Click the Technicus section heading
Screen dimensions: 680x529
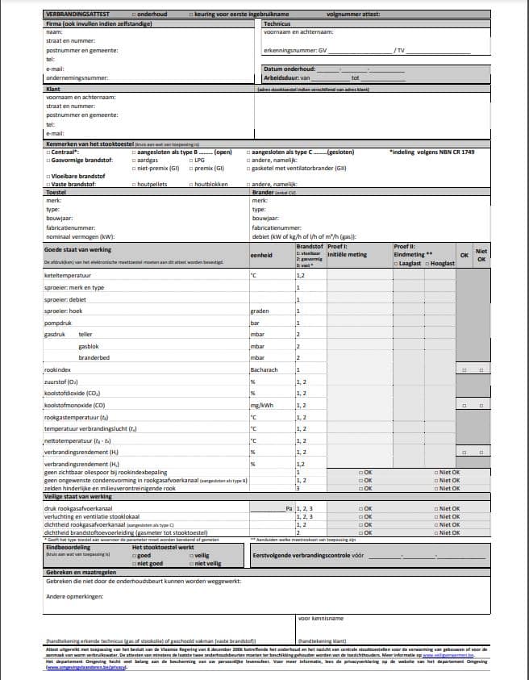tap(278, 24)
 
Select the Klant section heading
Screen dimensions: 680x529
tap(54, 89)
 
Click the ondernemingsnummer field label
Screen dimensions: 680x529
tap(77, 78)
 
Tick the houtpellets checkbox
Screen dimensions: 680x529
tap(134, 185)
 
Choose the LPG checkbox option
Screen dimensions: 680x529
tap(190, 160)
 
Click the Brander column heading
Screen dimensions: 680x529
tap(264, 193)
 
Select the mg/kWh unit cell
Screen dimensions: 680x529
tap(262, 405)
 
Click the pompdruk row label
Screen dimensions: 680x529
tap(59, 322)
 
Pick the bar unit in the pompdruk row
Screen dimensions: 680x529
tap(255, 322)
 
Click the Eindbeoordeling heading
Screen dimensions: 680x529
tap(67, 546)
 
